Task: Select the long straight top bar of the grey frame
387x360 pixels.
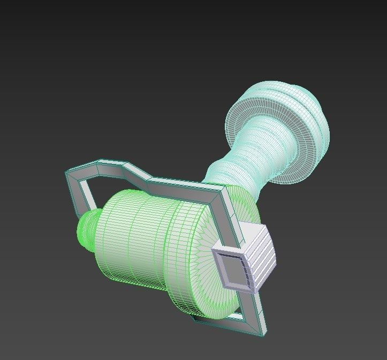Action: tap(182, 185)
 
